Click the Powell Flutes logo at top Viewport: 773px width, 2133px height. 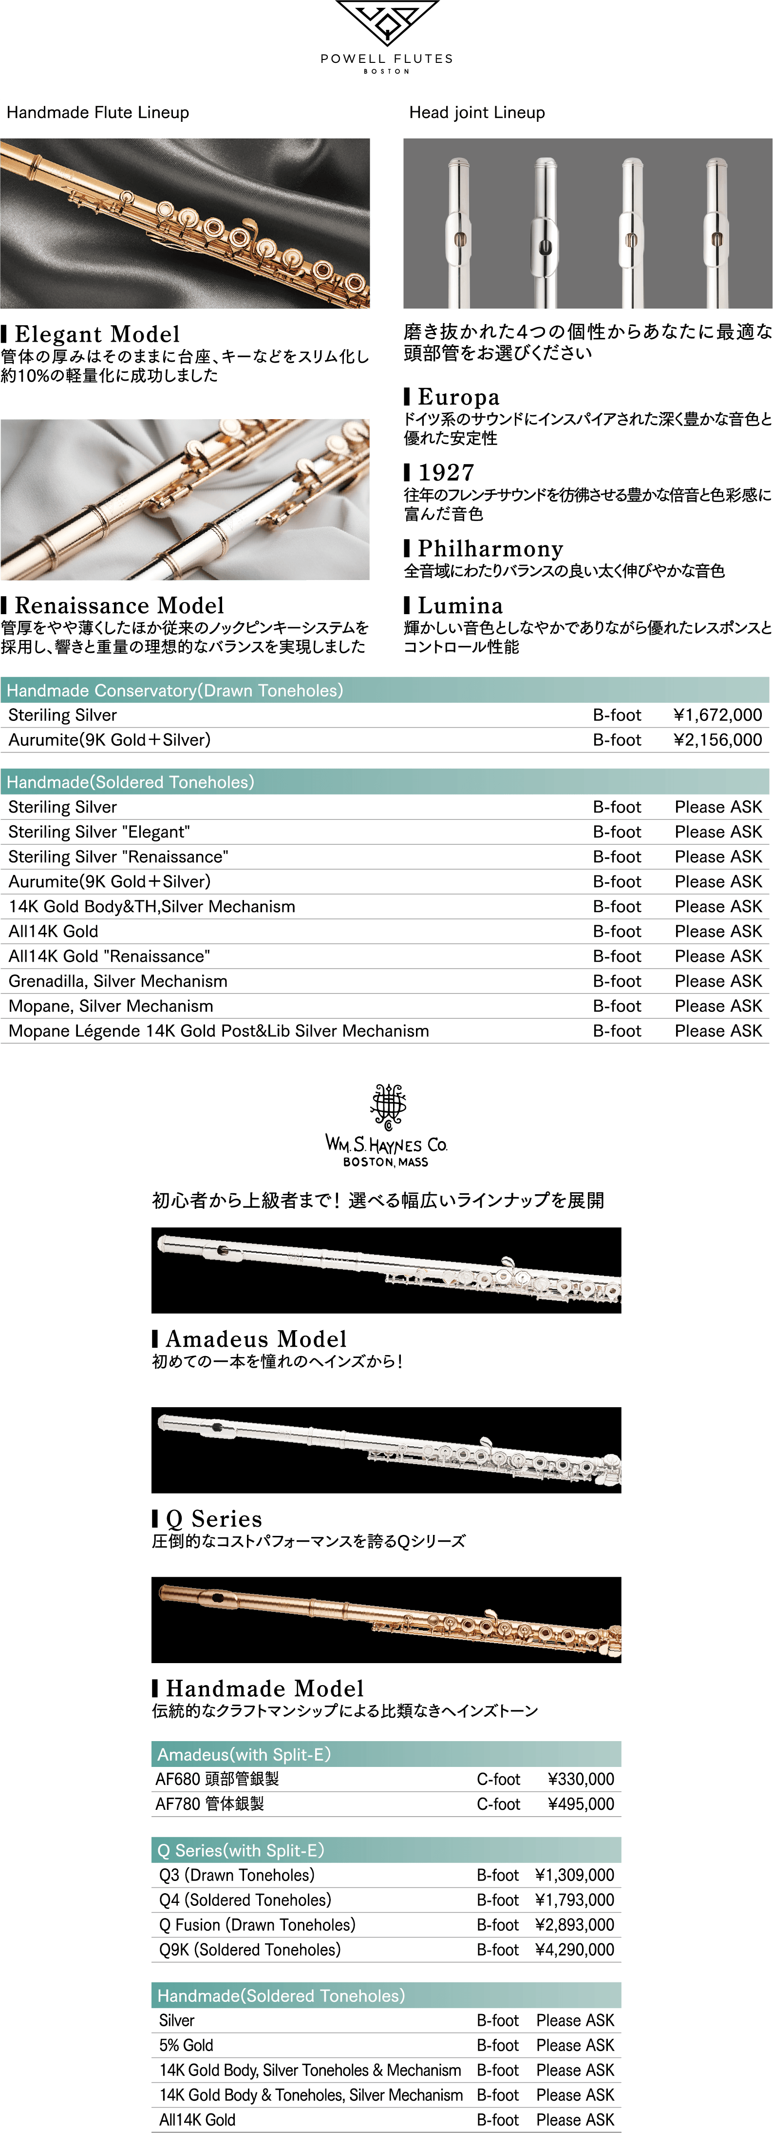click(x=387, y=37)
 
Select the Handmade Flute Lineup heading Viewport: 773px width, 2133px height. click(x=97, y=113)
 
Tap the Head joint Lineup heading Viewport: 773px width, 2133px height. click(x=477, y=113)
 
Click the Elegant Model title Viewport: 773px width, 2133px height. click(x=97, y=334)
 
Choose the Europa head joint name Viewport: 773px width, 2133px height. click(x=458, y=397)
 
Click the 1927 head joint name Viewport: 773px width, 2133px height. click(x=446, y=472)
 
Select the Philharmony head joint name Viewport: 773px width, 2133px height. click(x=490, y=548)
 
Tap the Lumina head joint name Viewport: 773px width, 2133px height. click(x=460, y=605)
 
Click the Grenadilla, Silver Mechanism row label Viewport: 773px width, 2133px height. click(x=117, y=981)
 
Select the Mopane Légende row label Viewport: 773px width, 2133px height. click(x=219, y=1031)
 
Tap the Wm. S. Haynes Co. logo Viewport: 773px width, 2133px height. click(x=387, y=1126)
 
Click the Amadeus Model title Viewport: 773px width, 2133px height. click(x=256, y=1339)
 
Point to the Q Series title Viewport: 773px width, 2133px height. click(x=213, y=1519)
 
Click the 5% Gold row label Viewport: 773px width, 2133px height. click(x=186, y=2045)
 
